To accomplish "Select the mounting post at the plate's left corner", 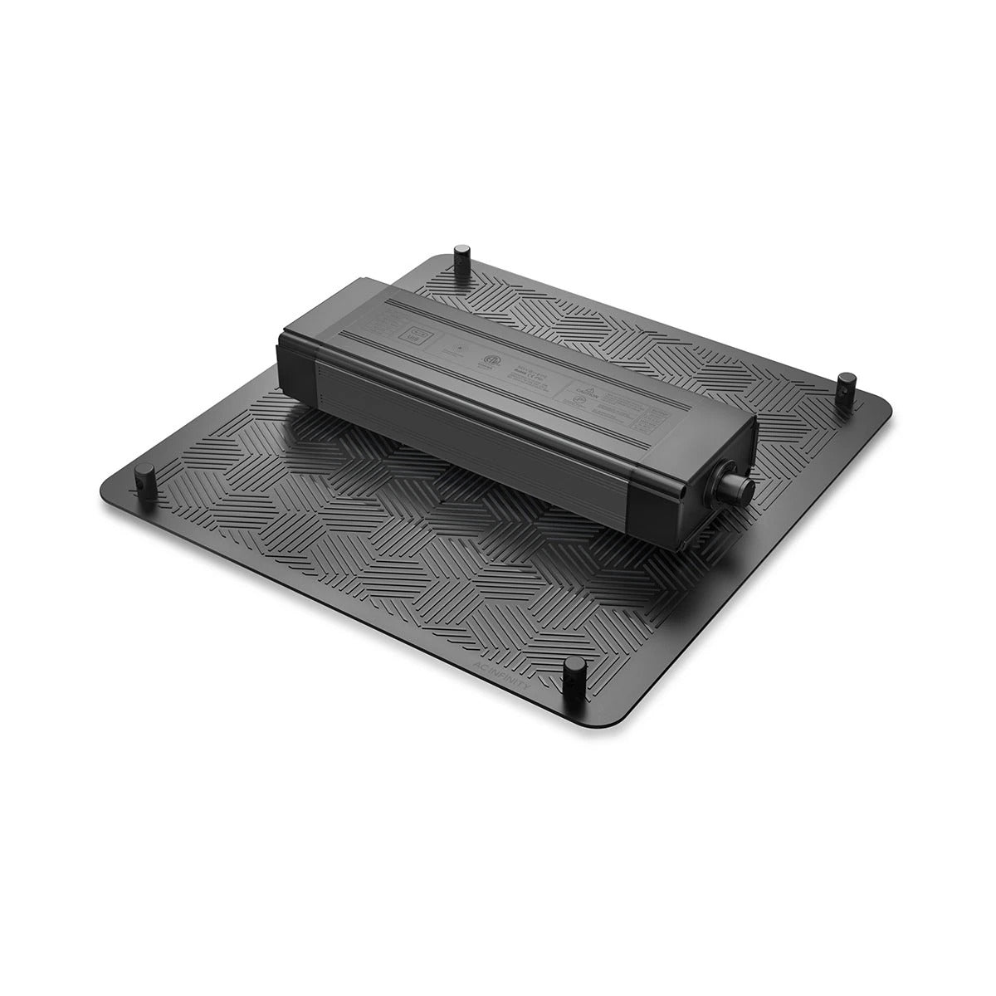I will coord(147,476).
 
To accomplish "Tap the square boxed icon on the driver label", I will coord(415,337).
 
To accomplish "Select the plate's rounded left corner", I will coord(106,486).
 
